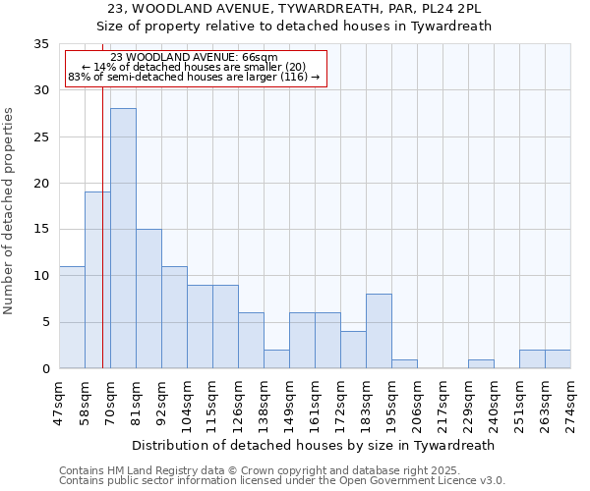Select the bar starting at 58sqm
[x=97, y=280]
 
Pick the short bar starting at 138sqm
[x=276, y=358]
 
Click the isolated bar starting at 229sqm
[x=481, y=363]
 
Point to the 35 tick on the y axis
[x=40, y=44]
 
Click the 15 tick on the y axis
[x=40, y=230]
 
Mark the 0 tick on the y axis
[x=44, y=369]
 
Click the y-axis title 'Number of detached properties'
[x=10, y=211]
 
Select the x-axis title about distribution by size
[x=312, y=445]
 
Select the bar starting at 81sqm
[x=148, y=299]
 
